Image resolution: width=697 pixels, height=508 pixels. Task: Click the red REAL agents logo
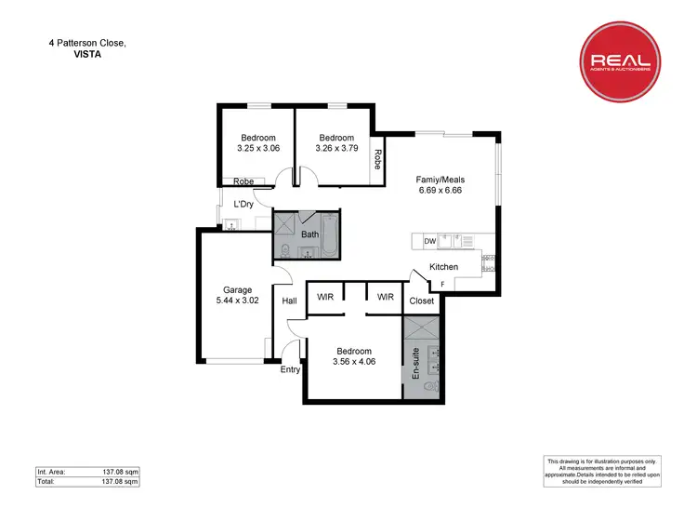pos(621,62)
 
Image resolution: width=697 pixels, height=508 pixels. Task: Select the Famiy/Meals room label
pos(441,180)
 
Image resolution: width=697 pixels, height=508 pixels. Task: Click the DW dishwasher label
pos(429,242)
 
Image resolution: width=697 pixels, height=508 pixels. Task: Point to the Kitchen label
pos(443,267)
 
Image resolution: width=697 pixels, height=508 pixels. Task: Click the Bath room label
pos(309,234)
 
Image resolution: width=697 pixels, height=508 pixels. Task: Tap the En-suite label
pos(415,361)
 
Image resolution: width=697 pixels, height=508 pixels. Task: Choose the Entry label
pos(291,369)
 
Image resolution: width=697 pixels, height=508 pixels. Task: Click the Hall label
pos(289,301)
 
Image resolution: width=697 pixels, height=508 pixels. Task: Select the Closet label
pos(421,301)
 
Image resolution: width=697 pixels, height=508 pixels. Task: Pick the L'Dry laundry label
pos(243,204)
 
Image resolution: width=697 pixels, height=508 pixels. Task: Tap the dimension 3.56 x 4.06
pos(354,362)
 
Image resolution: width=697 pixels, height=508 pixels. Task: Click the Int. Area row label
pos(52,473)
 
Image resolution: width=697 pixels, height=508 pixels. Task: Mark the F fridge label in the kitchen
pos(442,283)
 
